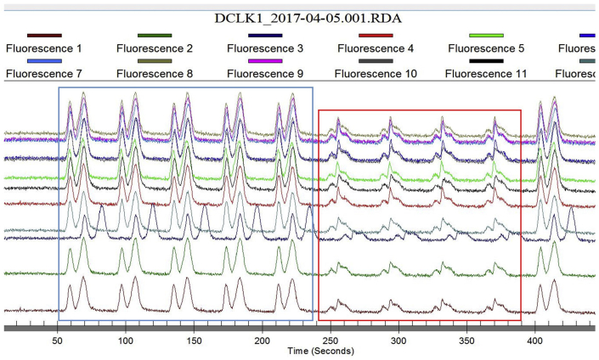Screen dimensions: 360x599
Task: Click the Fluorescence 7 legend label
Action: (43, 74)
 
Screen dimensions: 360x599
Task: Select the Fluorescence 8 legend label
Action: (154, 74)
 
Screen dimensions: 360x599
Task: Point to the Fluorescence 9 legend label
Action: (264, 74)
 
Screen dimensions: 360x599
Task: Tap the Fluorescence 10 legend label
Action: (376, 74)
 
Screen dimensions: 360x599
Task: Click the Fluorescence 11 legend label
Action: (486, 74)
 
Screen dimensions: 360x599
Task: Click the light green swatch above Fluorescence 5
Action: (487, 36)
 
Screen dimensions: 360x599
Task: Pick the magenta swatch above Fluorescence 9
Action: (265, 61)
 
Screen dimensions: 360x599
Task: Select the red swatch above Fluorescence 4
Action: (376, 36)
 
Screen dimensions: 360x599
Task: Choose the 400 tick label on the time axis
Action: (535, 338)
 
